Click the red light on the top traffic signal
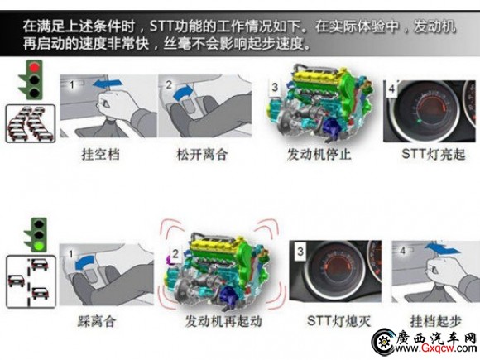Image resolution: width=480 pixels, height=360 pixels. pos(35,67)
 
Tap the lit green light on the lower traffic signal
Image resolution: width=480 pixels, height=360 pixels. pos(39,245)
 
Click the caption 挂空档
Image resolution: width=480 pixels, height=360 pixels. pos(100,154)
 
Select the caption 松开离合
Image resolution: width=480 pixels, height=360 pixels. pos(202,154)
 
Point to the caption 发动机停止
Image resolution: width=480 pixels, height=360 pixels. pos(319,154)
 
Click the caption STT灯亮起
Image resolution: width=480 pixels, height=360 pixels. pos(433,154)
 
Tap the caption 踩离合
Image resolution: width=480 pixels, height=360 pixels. pos(97,321)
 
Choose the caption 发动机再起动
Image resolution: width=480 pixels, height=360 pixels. pos(223,321)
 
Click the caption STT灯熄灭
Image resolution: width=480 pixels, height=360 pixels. pos(338,321)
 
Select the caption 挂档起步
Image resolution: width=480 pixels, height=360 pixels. pos(435,321)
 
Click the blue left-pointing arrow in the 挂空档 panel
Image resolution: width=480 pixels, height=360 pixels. pos(108,83)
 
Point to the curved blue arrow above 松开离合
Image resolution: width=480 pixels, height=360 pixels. pos(184,92)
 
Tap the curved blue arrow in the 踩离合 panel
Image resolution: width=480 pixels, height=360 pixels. pos(84,262)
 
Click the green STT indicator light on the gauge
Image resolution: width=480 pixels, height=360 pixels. pos(419,122)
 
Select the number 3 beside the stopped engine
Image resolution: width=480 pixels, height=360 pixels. pos(275,87)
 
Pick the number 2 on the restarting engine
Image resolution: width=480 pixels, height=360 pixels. pos(175,254)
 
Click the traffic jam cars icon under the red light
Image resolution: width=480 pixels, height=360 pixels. pos(31,123)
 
